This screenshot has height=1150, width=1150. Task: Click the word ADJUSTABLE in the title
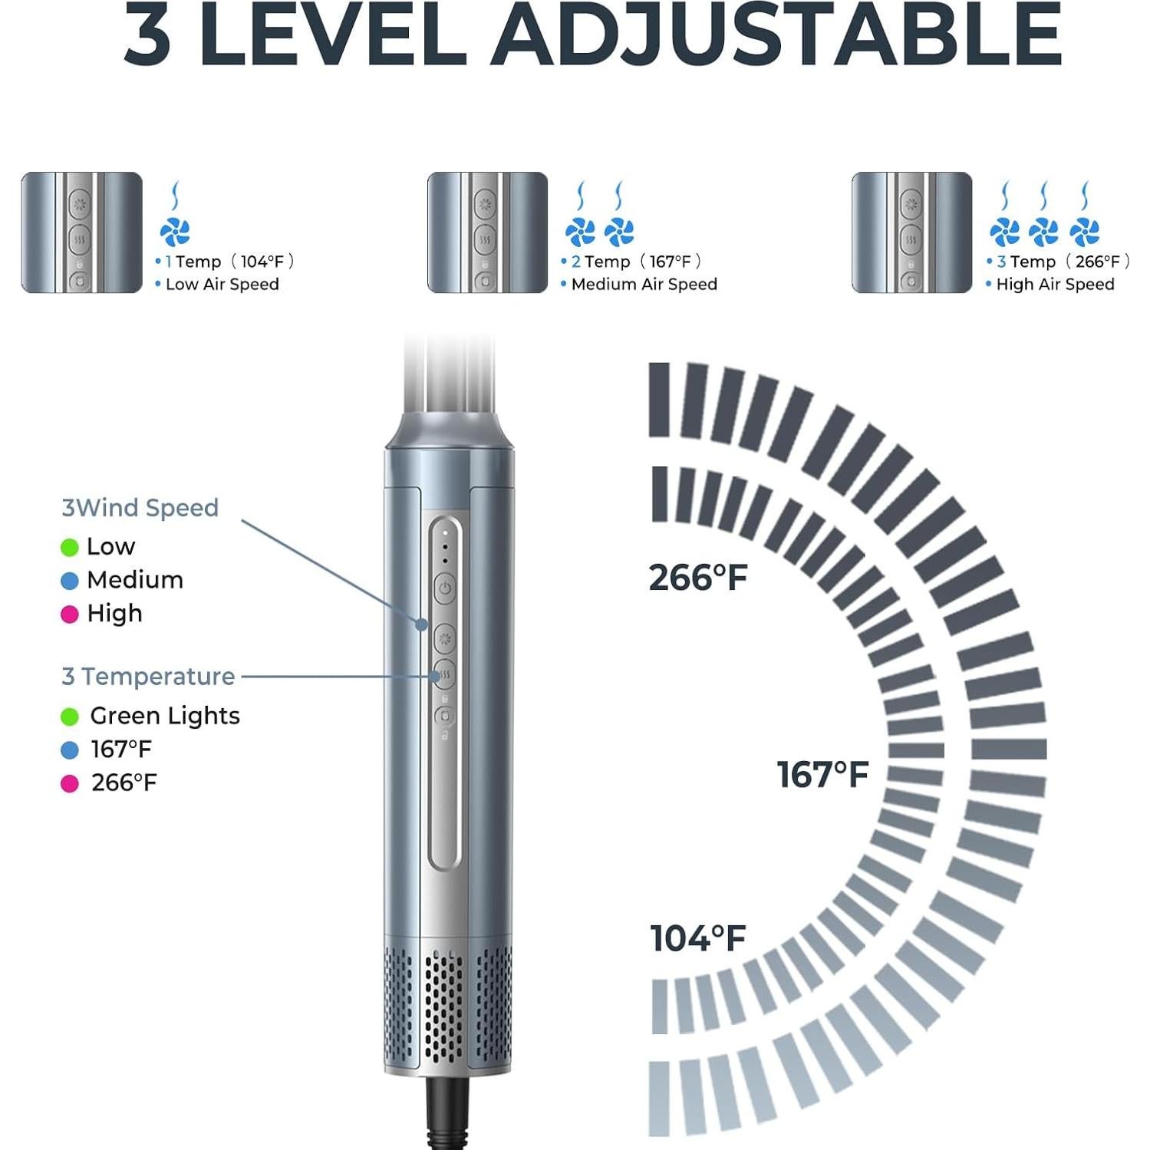pos(776,35)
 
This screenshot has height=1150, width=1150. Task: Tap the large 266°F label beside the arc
pos(697,578)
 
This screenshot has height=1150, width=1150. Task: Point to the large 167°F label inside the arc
pos(822,775)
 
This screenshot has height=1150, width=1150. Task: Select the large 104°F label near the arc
pos(697,938)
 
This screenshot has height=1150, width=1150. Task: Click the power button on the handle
pos(445,589)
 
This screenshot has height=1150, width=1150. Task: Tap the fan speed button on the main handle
pos(445,638)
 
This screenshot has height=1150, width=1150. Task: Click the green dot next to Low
pos(70,547)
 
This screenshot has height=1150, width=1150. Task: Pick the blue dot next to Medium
pos(70,581)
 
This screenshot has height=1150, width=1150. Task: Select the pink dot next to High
pos(70,615)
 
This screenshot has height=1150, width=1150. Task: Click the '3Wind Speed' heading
pos(140,508)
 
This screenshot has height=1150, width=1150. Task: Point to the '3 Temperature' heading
pos(148,677)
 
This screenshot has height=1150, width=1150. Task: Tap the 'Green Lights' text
pos(165,716)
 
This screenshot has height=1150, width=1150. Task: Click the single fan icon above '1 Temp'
pos(175,231)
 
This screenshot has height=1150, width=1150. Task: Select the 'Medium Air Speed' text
pos(644,285)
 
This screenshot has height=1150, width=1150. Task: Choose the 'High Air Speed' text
pos(1055,285)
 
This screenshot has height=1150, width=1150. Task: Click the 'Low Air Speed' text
pos(222,285)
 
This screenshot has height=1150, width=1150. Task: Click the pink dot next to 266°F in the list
pos(70,783)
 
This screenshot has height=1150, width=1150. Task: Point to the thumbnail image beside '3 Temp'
pos(911,232)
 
